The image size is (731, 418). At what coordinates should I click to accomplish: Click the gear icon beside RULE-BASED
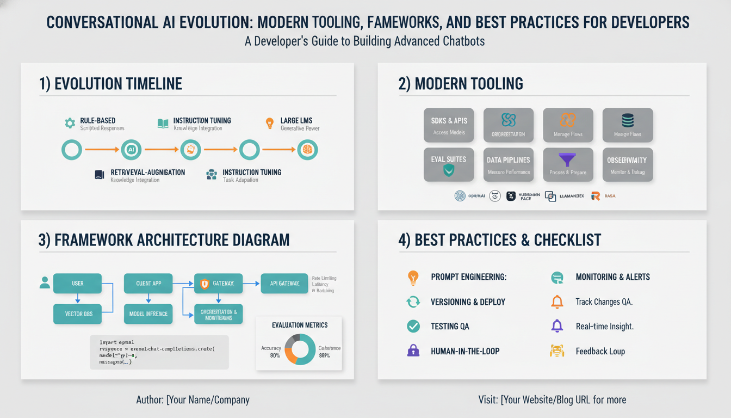pyautogui.click(x=70, y=124)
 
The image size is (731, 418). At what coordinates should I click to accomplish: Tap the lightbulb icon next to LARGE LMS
pyautogui.click(x=269, y=124)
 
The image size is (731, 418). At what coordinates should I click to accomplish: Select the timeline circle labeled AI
pyautogui.click(x=131, y=150)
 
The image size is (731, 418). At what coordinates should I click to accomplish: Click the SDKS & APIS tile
pyautogui.click(x=449, y=125)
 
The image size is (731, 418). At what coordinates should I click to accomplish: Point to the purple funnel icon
pyautogui.click(x=568, y=160)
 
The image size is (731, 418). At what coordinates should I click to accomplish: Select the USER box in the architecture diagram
pyautogui.click(x=77, y=284)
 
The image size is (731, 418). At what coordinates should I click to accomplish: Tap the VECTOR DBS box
pyautogui.click(x=77, y=314)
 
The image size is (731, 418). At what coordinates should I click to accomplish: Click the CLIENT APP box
pyautogui.click(x=148, y=284)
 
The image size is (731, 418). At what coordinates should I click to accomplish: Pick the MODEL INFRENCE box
pyautogui.click(x=148, y=314)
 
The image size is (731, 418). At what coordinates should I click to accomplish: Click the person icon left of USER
pyautogui.click(x=45, y=282)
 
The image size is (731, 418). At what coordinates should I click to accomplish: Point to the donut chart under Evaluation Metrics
pyautogui.click(x=300, y=349)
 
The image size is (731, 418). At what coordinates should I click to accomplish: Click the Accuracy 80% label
pyautogui.click(x=271, y=352)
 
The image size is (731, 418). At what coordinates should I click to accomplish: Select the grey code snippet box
pyautogui.click(x=159, y=352)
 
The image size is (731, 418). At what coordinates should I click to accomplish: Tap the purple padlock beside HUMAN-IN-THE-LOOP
pyautogui.click(x=413, y=351)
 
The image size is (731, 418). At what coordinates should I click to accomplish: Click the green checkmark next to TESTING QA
pyautogui.click(x=413, y=326)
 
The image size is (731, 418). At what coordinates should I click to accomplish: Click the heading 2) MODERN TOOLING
pyautogui.click(x=460, y=84)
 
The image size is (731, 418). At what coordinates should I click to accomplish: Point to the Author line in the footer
pyautogui.click(x=193, y=400)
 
